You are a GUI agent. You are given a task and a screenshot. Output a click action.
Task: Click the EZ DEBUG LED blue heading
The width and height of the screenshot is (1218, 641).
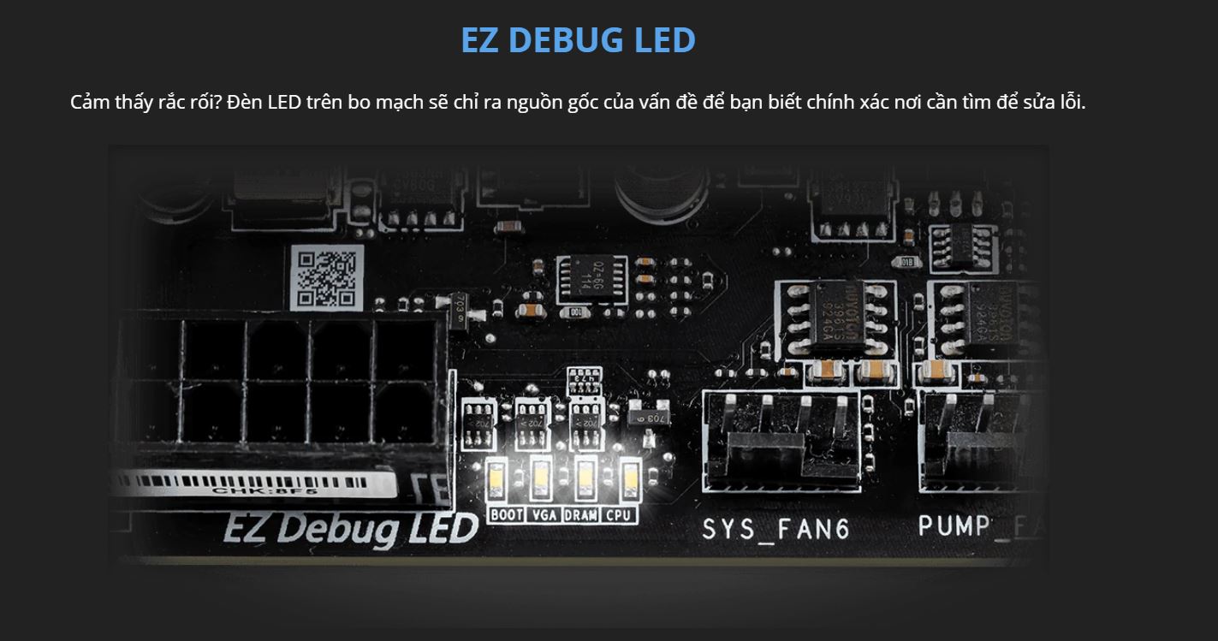point(578,40)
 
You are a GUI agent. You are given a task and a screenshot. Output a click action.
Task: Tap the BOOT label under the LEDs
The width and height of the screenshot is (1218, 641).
point(507,515)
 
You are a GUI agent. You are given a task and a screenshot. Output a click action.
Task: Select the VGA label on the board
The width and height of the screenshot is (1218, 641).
point(544,515)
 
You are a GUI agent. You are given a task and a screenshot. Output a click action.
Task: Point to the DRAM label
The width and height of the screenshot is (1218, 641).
point(581,515)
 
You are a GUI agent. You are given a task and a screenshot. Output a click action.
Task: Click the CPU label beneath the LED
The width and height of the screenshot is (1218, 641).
point(619,515)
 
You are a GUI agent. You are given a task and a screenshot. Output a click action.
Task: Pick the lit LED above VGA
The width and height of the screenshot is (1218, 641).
point(541,479)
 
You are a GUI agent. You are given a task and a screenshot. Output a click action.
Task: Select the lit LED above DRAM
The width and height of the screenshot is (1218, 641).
point(585,479)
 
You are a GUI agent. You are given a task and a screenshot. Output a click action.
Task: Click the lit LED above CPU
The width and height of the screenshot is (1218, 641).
point(630,479)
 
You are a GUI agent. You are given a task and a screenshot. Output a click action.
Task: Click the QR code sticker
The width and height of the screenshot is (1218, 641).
point(325,277)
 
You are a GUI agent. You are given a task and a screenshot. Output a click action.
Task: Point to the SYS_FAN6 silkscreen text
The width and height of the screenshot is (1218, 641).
point(775,529)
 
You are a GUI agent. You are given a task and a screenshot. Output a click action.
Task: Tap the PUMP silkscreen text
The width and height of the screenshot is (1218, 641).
point(959,525)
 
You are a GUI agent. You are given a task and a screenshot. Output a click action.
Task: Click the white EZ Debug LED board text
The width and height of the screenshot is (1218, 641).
point(349,528)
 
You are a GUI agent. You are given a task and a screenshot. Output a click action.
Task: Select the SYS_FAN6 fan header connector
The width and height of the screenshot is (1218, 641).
point(781,442)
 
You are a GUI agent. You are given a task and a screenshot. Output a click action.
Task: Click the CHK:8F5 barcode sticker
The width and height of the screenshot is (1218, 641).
point(257,484)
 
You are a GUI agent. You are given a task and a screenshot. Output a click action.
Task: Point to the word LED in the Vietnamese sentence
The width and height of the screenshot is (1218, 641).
point(283,103)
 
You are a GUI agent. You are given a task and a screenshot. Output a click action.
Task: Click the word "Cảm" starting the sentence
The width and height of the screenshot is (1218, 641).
point(90,103)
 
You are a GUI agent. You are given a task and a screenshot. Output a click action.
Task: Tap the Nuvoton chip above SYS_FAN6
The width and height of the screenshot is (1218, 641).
point(835,318)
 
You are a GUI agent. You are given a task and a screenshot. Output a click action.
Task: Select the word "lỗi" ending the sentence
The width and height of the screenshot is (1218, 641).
point(1070,103)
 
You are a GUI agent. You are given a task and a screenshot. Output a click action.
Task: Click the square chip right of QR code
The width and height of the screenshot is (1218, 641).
point(591,279)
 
